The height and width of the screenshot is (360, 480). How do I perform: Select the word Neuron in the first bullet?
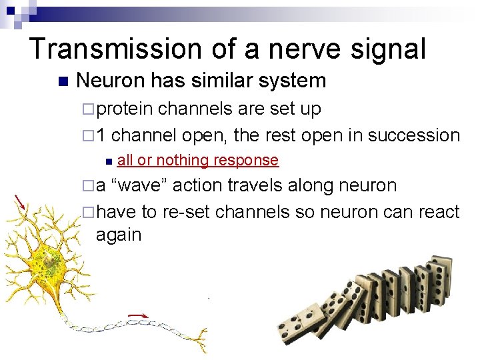(111, 81)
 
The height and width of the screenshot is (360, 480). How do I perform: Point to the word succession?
(414, 135)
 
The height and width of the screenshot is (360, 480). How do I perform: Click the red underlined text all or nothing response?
(197, 160)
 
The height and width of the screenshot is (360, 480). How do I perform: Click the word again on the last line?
(119, 235)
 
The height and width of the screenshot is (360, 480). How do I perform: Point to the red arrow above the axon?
(138, 315)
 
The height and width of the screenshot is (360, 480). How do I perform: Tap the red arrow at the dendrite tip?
(21, 201)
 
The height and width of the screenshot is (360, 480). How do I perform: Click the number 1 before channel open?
(101, 135)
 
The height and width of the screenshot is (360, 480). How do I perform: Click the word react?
(436, 212)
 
